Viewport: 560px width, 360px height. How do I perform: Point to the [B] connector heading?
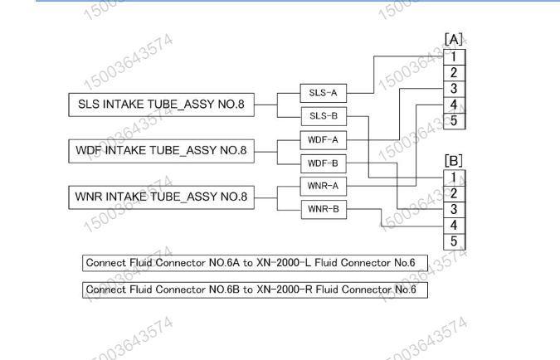pyautogui.click(x=455, y=158)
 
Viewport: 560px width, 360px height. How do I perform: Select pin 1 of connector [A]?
pyautogui.click(x=455, y=56)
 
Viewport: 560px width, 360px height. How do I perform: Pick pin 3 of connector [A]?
pyautogui.click(x=455, y=89)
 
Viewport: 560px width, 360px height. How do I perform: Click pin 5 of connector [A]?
pyautogui.click(x=455, y=121)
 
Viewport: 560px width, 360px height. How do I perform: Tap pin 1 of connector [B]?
pyautogui.click(x=455, y=176)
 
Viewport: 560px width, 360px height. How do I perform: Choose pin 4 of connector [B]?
pyautogui.click(x=455, y=225)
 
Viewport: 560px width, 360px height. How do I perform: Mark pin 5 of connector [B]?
pyautogui.click(x=455, y=241)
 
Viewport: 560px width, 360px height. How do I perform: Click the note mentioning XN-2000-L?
pyautogui.click(x=255, y=264)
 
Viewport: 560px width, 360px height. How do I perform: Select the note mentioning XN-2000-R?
pyautogui.click(x=255, y=290)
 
